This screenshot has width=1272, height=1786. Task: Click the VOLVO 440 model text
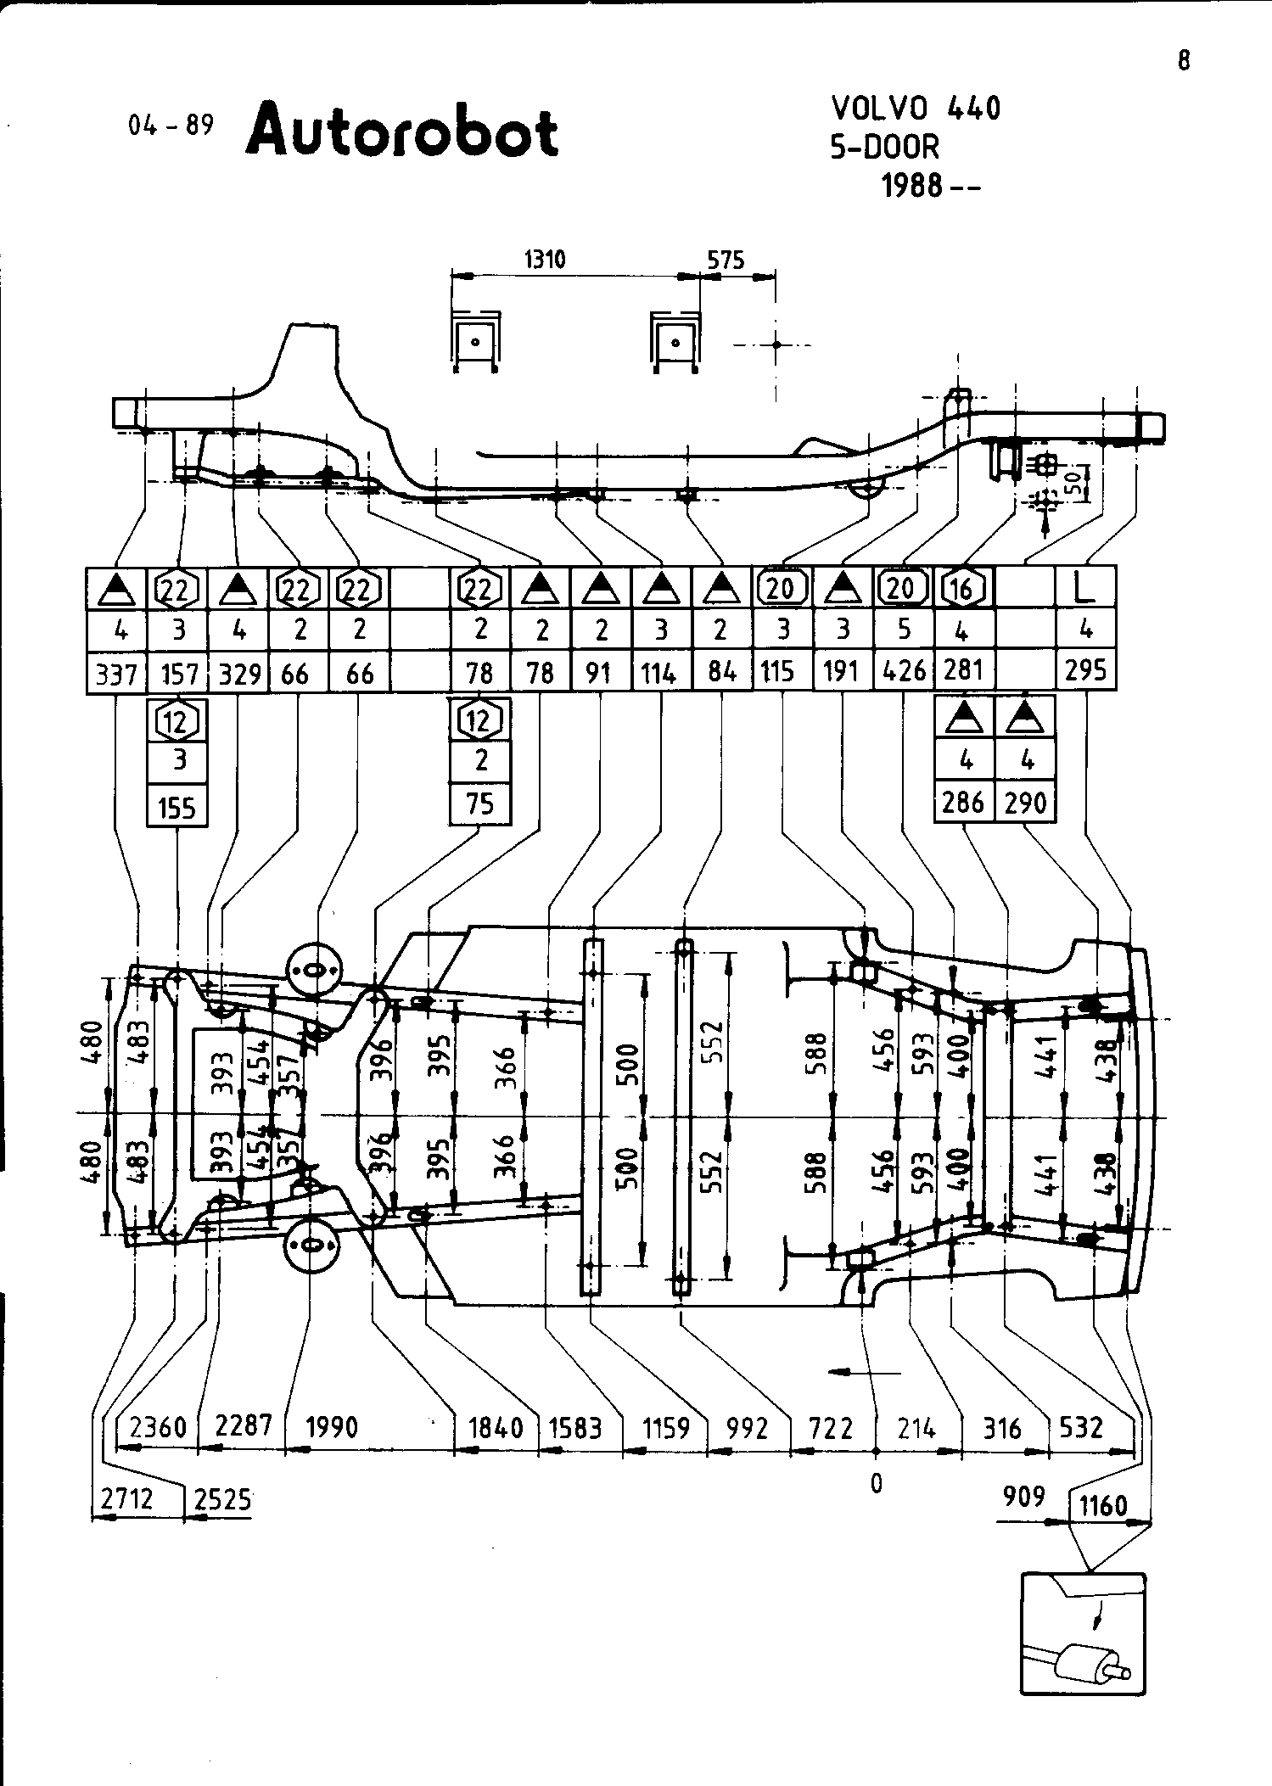(x=916, y=109)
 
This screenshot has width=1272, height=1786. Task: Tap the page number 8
(x=1184, y=61)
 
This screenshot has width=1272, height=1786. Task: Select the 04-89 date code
(x=170, y=126)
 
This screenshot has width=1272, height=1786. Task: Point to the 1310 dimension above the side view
(x=545, y=260)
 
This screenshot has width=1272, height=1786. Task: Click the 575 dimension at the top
(x=726, y=260)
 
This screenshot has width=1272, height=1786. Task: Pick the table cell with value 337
(x=116, y=675)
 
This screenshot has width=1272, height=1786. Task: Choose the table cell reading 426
(x=904, y=671)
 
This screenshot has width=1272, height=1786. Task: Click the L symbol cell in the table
(x=1085, y=588)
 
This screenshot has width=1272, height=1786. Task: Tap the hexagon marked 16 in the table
(x=962, y=588)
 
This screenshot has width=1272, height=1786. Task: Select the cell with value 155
(x=177, y=808)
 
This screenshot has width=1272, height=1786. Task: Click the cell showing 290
(x=1025, y=802)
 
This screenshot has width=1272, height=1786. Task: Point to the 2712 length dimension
(x=127, y=1499)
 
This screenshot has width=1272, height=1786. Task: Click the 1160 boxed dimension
(x=1103, y=1506)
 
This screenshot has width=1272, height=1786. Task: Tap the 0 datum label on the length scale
(x=877, y=1482)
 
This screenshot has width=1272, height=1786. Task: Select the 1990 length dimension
(x=332, y=1427)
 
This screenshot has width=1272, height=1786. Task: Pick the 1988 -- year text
(x=930, y=185)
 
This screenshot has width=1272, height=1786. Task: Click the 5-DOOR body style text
(x=885, y=147)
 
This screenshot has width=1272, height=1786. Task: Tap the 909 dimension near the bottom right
(x=1024, y=1496)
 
